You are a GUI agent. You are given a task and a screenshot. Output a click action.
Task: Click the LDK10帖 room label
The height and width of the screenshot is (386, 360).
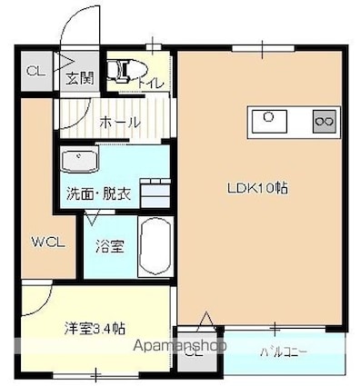[257, 188]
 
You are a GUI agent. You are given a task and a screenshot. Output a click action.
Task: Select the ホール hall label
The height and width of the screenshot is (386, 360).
[119, 122]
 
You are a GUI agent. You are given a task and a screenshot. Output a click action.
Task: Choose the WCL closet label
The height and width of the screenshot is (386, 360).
[45, 242]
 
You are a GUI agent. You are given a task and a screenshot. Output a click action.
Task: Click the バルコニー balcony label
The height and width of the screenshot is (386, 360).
[283, 351]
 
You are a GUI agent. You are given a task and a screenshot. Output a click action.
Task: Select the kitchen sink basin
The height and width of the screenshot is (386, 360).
[269, 118]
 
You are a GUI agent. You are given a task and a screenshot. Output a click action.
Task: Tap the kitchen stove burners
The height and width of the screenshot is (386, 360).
[324, 118]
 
